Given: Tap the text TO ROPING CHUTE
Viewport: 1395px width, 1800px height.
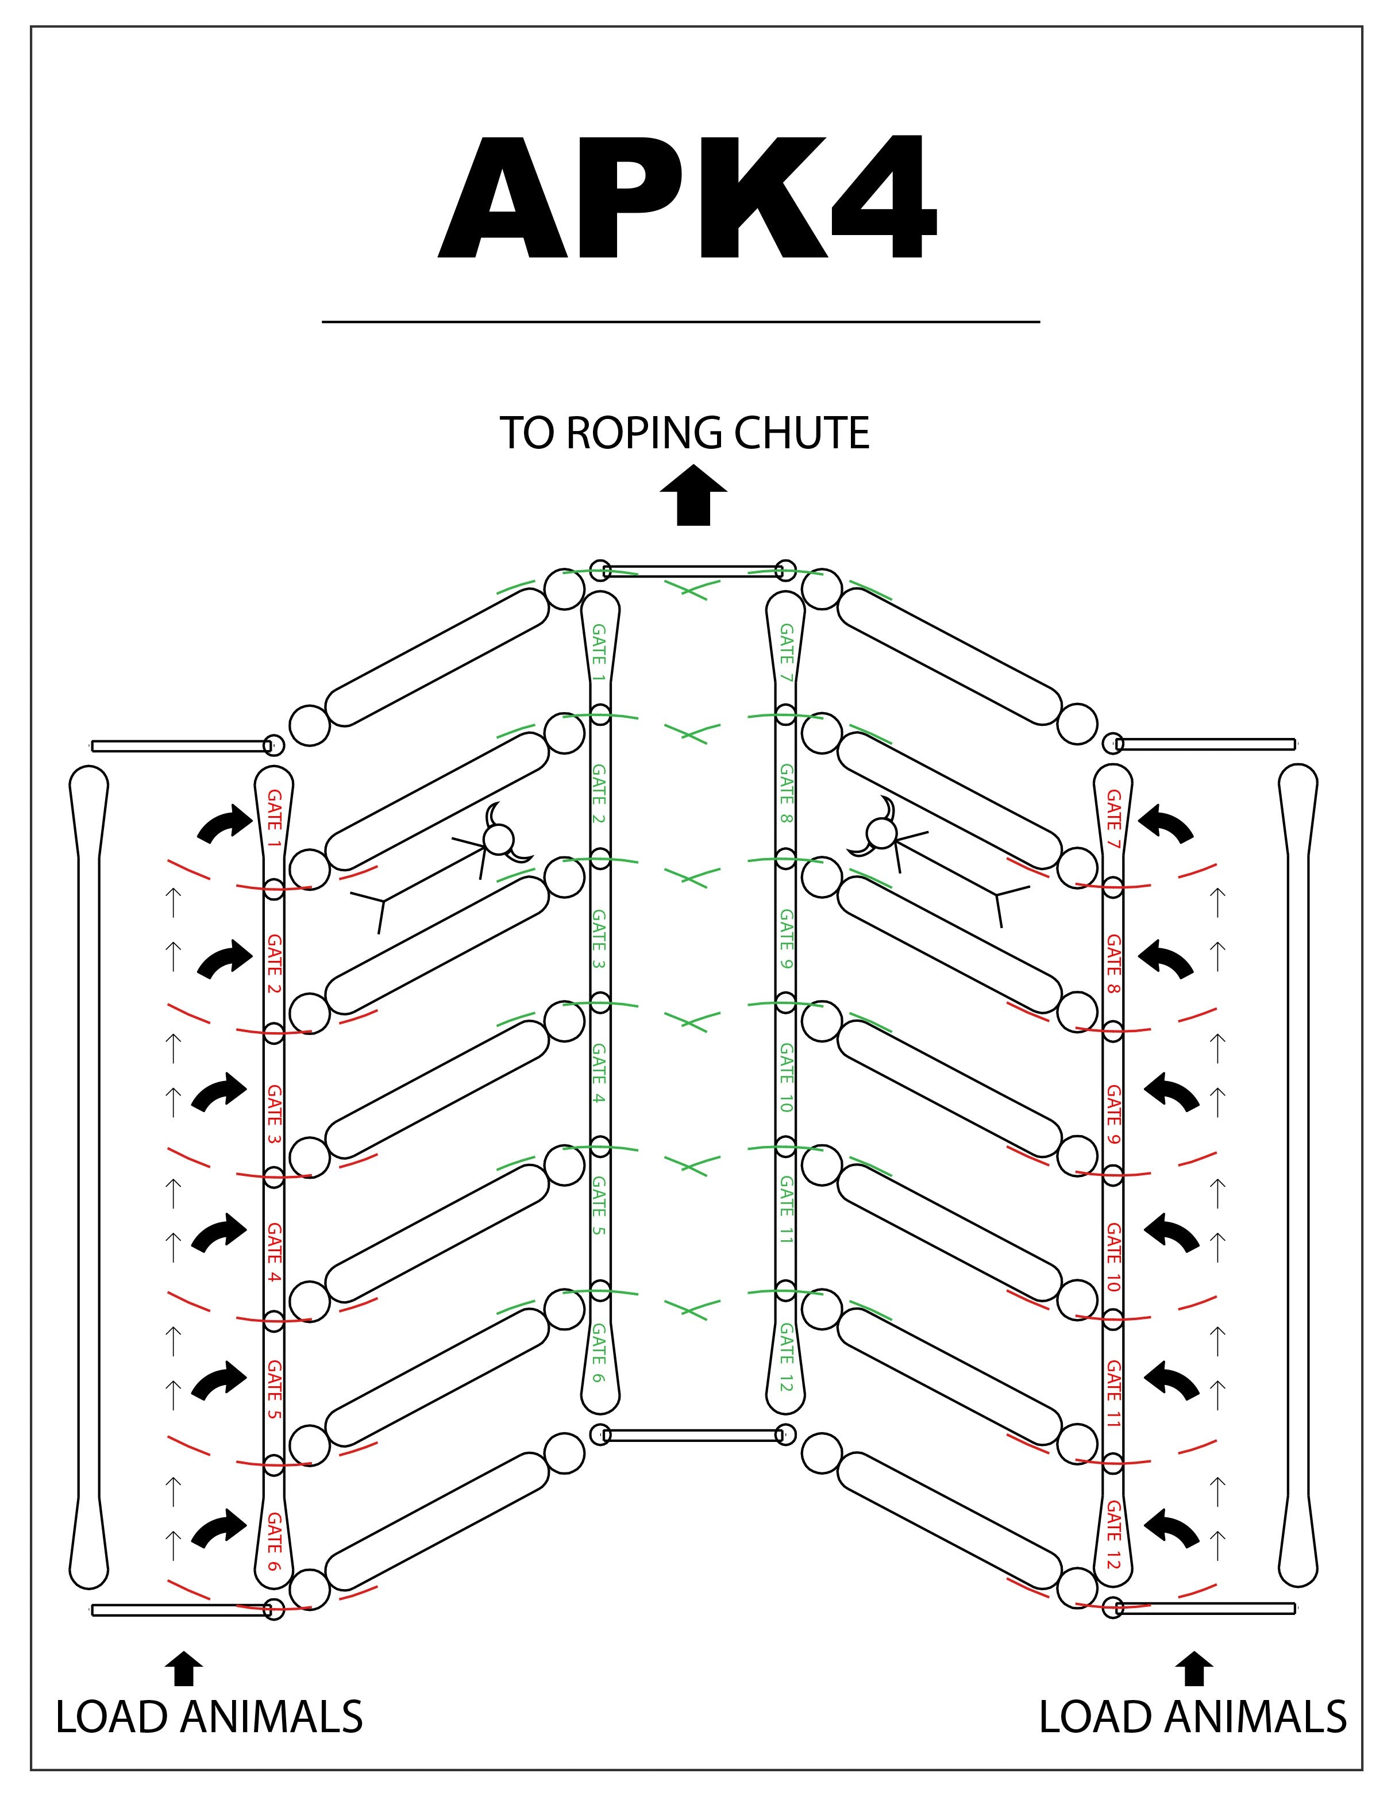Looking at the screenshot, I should click(684, 433).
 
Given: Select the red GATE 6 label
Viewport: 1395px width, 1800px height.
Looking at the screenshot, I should click(275, 1541).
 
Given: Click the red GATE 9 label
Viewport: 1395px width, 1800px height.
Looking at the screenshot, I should click(1113, 1114).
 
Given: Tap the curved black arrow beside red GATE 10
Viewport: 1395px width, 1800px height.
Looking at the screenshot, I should click(1171, 1234).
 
